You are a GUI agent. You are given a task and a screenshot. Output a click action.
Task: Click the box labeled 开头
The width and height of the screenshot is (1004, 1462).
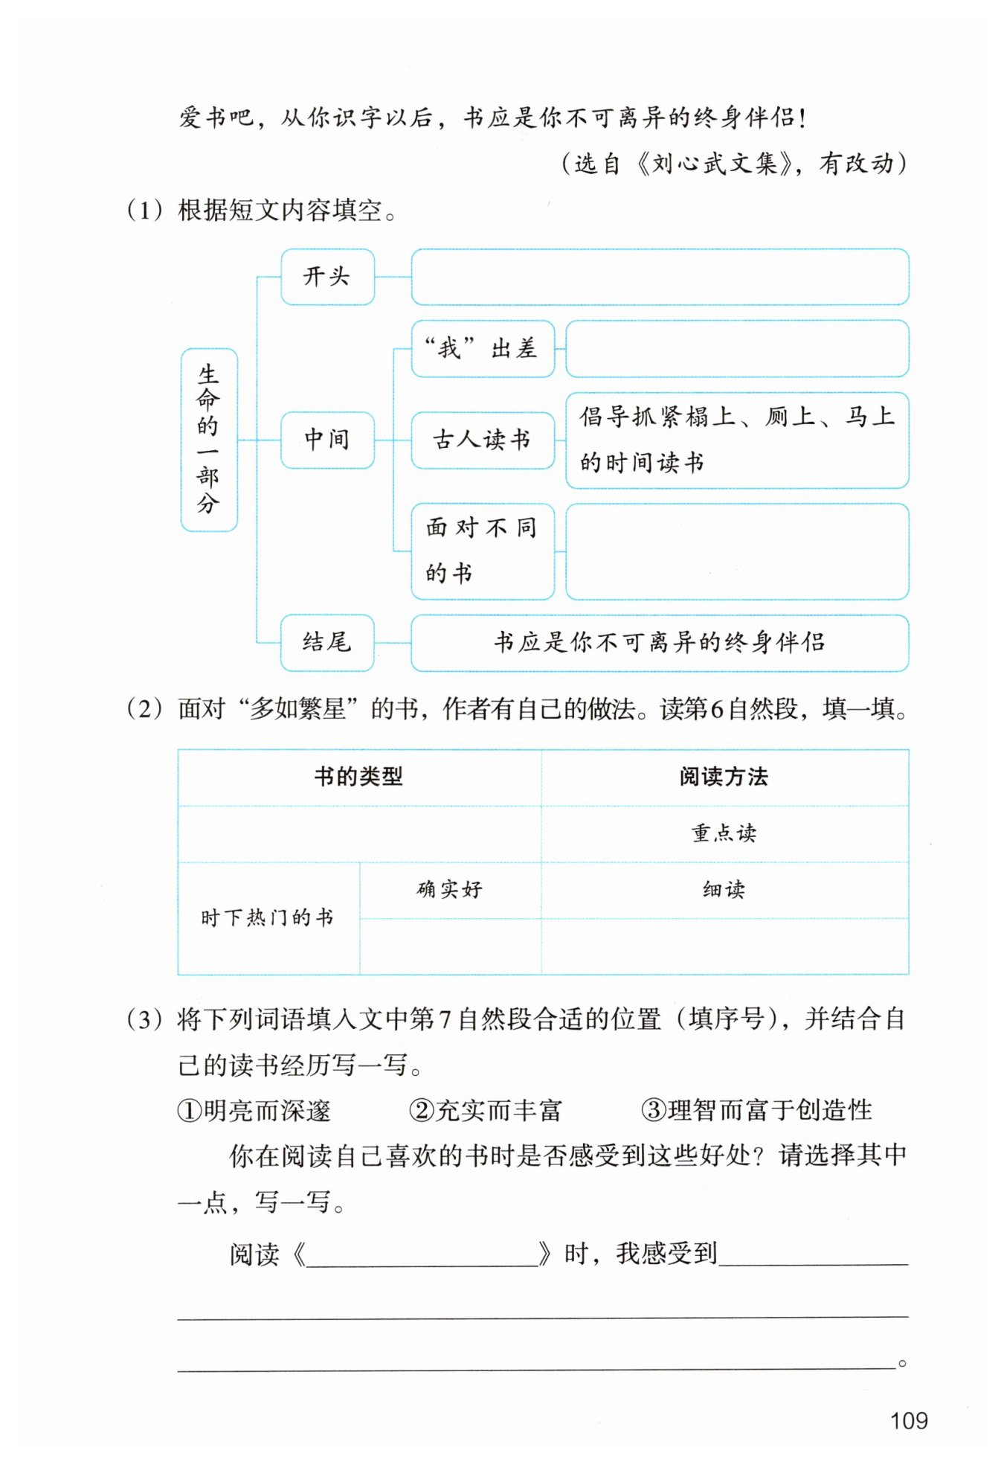coord(327,277)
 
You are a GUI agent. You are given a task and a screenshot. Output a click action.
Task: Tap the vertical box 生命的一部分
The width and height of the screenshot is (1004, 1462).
coord(209,440)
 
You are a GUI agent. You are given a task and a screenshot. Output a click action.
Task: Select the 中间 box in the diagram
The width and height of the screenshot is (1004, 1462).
coord(327,440)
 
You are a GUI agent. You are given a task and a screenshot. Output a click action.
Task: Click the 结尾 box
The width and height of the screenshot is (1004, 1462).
coord(327,642)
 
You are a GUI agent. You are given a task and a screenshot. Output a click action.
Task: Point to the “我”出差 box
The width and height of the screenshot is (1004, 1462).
coord(483,348)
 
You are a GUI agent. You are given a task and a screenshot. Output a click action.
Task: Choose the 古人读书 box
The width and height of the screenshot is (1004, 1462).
coord(483,440)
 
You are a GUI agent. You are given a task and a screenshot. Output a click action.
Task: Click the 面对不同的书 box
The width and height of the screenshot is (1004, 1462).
coord(483,551)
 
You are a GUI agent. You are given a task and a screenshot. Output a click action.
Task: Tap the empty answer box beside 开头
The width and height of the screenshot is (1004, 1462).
coord(660,277)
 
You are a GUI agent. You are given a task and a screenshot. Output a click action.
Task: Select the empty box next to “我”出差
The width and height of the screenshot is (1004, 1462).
coord(737,348)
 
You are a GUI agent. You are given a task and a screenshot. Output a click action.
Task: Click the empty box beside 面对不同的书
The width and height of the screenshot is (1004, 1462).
coord(737,551)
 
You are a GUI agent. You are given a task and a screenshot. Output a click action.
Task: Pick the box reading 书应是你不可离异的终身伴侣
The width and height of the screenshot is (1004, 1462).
coord(660,642)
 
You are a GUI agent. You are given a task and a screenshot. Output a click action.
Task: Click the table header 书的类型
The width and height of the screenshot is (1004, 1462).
coord(358,777)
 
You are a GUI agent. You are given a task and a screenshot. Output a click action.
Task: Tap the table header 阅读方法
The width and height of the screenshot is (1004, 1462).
coord(724,777)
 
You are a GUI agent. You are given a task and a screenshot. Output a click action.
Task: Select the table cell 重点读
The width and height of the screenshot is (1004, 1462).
coord(724,833)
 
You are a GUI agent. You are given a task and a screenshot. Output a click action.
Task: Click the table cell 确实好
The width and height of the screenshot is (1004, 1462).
coord(450,890)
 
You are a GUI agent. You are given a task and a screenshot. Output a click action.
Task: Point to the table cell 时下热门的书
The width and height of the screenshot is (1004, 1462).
coord(268,917)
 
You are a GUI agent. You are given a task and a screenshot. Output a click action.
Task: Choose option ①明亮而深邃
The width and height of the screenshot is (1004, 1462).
coord(254,1111)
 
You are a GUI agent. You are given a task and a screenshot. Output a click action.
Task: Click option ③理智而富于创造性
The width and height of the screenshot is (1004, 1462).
coord(756,1111)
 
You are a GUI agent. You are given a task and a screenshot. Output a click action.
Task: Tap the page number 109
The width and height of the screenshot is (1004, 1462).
coord(909,1420)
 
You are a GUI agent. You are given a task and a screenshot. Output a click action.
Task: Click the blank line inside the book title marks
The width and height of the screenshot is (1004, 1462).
coord(422,1256)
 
